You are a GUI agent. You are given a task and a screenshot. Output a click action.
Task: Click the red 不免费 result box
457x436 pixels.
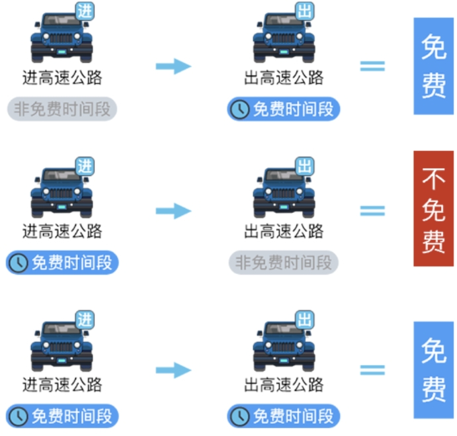coord(433,208)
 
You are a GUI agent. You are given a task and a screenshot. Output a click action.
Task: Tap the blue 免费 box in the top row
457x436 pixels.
coord(433,66)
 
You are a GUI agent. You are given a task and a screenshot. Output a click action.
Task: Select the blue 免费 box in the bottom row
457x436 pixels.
coord(433,370)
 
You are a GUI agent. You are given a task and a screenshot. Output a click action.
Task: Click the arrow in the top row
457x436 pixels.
coord(173,66)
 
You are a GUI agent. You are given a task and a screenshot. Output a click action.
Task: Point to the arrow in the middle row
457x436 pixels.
coord(173,211)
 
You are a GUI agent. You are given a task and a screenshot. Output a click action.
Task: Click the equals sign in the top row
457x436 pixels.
coord(372,66)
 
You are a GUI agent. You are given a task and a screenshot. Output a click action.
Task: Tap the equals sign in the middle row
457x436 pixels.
coord(372,211)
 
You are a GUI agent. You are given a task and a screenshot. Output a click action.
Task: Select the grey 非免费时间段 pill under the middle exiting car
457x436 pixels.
coord(284,263)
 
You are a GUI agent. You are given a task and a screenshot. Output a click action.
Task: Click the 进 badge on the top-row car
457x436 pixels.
coord(85,12)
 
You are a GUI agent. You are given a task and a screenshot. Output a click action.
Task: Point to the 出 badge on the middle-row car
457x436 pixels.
coord(304,165)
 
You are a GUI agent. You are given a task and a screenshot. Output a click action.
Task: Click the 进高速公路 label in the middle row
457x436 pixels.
coord(62,232)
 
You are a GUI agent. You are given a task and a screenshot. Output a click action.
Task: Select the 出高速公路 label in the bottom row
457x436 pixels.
coord(284,384)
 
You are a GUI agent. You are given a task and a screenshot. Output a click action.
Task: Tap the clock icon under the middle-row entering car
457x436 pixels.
coord(18,263)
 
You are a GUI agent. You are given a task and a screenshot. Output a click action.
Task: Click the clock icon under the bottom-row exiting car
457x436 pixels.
coord(239,416)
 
